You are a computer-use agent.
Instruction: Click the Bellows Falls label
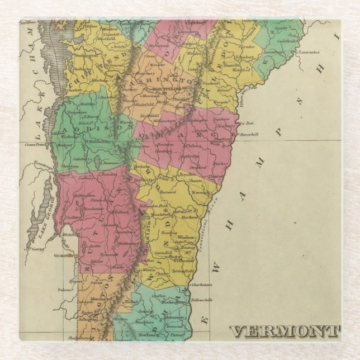[203, 300]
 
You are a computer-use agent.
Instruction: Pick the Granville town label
[63, 255]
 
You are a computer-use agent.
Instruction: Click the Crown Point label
[35, 144]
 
